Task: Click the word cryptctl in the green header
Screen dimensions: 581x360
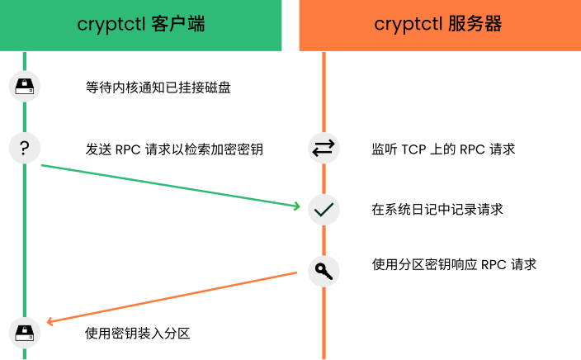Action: pos(111,25)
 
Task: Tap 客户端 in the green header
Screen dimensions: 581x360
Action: pos(178,24)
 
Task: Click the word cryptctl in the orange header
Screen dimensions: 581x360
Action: pos(408,25)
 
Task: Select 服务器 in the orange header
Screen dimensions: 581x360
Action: pos(475,24)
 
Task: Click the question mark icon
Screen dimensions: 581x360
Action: pos(25,148)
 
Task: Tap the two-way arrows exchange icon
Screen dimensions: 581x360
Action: pos(324,148)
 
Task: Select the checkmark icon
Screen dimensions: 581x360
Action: pos(324,210)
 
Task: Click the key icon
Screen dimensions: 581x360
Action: pos(324,271)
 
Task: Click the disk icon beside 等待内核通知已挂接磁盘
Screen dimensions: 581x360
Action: pos(25,87)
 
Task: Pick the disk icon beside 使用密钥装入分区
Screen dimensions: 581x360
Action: pos(25,333)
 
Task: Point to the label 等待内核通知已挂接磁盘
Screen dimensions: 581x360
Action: pos(158,88)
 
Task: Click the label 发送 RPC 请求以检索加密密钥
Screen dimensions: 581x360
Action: pos(174,149)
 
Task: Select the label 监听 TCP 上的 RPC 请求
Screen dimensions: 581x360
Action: pos(443,149)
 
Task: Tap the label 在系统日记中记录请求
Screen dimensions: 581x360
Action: pos(437,210)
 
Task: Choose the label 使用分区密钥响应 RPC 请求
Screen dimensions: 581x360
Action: pos(454,265)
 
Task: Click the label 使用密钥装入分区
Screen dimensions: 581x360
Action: pos(137,334)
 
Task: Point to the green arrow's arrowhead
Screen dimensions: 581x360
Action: pos(297,206)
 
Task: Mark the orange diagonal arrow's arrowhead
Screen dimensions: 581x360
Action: pos(50,322)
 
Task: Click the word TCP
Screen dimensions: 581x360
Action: pos(413,149)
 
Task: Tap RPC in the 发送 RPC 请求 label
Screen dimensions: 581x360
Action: pos(128,149)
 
